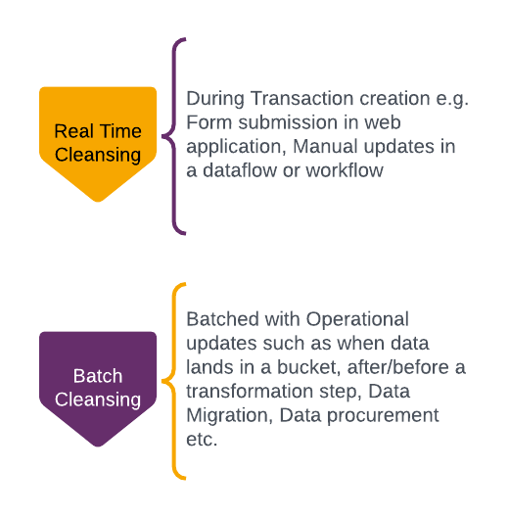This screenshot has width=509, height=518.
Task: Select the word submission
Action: coord(288,122)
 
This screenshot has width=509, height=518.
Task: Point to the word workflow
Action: coord(345,170)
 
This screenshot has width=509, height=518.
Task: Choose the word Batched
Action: coord(222,319)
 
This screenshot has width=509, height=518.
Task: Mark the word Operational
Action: coord(357,320)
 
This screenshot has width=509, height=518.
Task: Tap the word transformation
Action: coord(250,392)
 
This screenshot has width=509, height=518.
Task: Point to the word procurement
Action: coord(383,416)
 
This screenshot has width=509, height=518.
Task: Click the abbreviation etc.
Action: coord(202,440)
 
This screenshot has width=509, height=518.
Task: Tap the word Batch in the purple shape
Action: coord(98,376)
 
